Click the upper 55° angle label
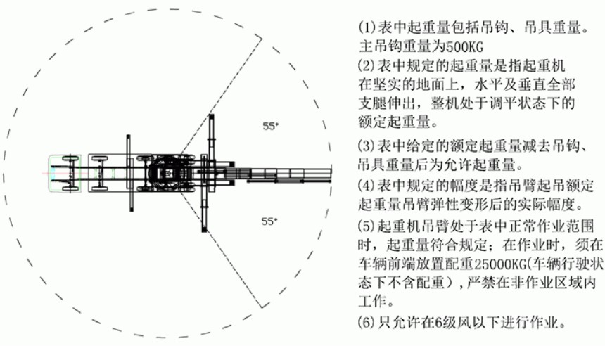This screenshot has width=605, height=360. [270, 126]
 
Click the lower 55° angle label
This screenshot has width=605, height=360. [270, 221]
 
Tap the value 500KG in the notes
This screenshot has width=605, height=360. [464, 47]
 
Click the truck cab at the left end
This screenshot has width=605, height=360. [63, 174]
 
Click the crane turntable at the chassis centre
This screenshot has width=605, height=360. [169, 174]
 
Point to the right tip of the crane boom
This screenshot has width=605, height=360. [331, 174]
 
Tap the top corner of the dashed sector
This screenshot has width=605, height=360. [262, 39]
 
